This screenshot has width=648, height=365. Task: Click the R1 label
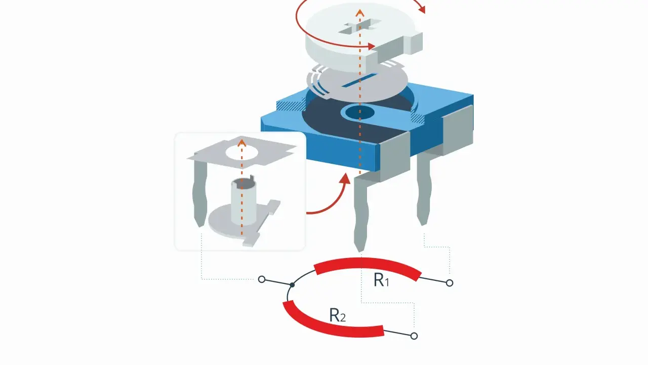pyautogui.click(x=381, y=280)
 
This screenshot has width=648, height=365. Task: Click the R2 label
pyautogui.click(x=337, y=315)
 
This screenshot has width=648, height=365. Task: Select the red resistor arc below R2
pyautogui.click(x=330, y=327)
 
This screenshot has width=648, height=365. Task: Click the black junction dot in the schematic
pyautogui.click(x=292, y=285)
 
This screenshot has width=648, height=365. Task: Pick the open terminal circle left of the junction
pyautogui.click(x=262, y=279)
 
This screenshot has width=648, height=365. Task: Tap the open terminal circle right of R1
pyautogui.click(x=449, y=283)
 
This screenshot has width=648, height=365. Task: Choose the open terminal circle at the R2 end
pyautogui.click(x=414, y=336)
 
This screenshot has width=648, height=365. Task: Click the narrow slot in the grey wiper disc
pyautogui.click(x=359, y=80)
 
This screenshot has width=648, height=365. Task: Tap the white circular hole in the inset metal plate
pyautogui.click(x=242, y=153)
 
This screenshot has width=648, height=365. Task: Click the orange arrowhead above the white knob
pyautogui.click(x=360, y=13)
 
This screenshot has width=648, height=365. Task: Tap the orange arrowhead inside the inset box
pyautogui.click(x=242, y=143)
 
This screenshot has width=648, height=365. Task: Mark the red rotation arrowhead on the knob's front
pyautogui.click(x=372, y=46)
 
